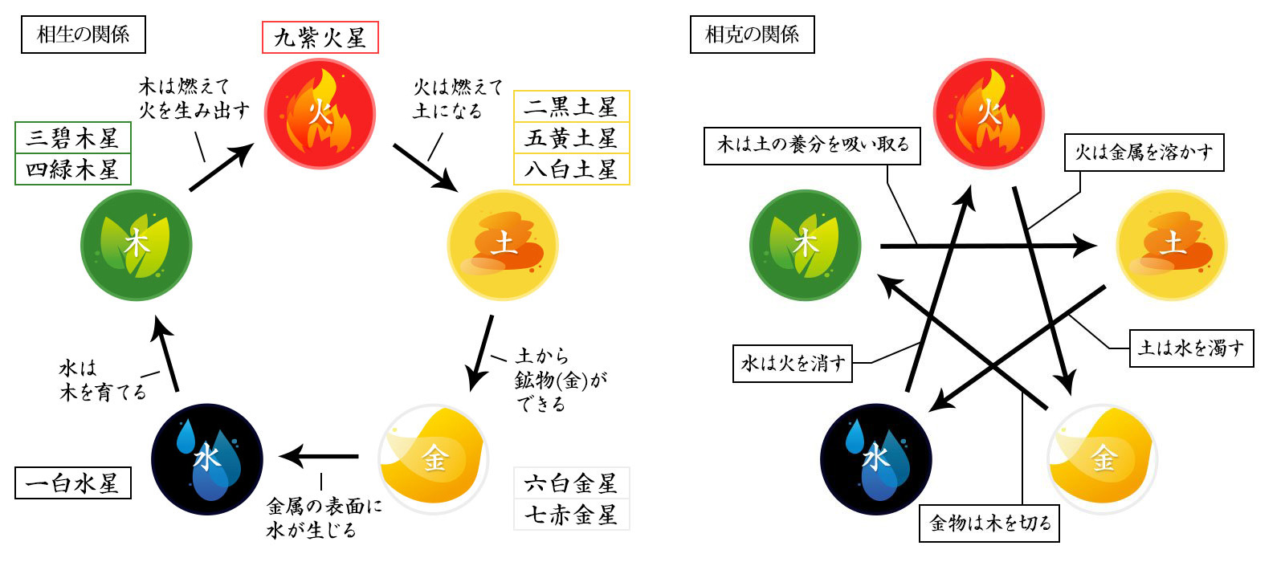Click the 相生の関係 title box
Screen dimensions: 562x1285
coord(83,35)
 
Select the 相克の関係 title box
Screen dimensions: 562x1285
coord(752,35)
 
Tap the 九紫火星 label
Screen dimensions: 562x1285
coord(320,38)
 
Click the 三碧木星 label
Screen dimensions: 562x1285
coord(72,138)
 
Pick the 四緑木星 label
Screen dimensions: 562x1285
coord(72,169)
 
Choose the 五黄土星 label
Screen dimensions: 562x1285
coord(571,138)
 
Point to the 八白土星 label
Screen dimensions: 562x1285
coord(571,169)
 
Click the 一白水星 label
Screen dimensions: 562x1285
coord(72,483)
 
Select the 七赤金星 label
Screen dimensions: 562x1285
coord(571,515)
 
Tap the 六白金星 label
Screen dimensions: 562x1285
coord(571,483)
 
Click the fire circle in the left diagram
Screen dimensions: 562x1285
coord(320,113)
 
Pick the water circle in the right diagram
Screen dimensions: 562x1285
coord(876,458)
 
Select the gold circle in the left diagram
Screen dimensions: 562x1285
coord(434,458)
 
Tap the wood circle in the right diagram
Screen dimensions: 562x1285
coord(805,244)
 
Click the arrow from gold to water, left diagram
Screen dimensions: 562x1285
coord(320,457)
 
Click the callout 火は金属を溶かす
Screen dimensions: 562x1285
coord(1144,153)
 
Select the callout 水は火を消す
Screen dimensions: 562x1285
coord(793,363)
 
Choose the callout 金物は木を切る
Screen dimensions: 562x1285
coord(989,523)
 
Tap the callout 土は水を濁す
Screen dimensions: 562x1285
coord(1191,348)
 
